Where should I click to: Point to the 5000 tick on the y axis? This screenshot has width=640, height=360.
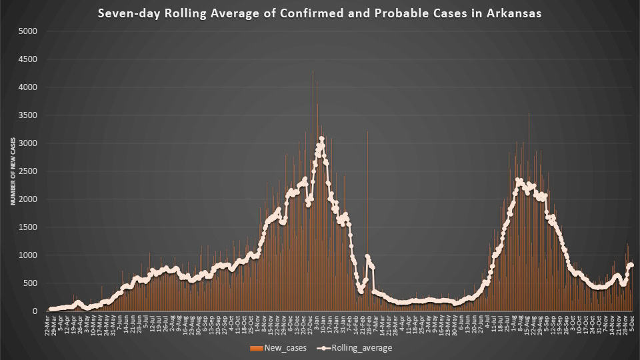[28, 31]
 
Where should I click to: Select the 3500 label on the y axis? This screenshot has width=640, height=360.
[28, 115]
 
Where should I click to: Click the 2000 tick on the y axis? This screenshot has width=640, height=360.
[28, 199]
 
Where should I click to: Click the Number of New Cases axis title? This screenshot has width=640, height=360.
[13, 171]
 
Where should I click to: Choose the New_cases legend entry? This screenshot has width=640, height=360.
[278, 348]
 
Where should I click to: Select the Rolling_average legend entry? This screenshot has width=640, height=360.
[361, 348]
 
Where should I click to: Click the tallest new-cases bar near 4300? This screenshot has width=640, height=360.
[313, 72]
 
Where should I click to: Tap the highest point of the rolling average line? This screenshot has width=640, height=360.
[321, 139]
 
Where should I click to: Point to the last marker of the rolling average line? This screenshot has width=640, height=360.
[631, 265]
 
